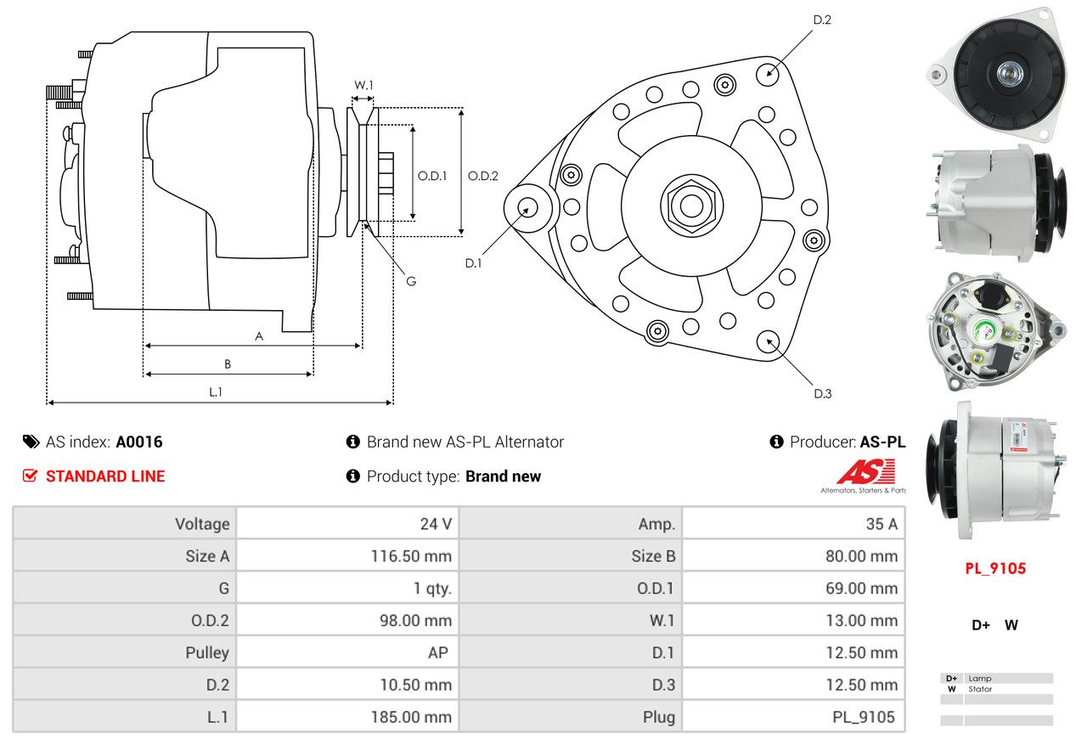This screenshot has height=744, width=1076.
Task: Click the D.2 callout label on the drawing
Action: [821, 20]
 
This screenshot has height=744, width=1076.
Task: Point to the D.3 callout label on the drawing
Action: [822, 393]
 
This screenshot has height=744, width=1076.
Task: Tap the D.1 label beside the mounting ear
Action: [473, 263]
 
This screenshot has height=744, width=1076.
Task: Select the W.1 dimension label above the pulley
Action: [363, 85]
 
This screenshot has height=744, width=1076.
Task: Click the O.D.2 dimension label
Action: [482, 176]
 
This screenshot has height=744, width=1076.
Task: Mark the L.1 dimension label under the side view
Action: [216, 392]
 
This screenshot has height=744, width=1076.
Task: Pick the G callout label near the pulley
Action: [410, 281]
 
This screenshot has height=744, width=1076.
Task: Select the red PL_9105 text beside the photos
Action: [995, 568]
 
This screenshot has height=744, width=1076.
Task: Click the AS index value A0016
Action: [139, 442]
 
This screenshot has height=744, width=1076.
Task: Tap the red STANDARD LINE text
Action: [104, 476]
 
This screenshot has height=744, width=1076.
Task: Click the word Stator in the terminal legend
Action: [980, 689]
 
